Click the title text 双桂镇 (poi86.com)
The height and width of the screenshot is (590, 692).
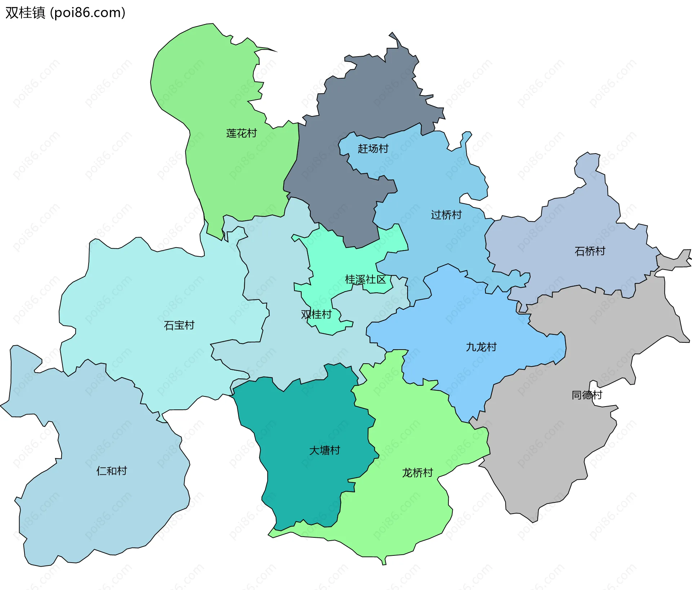pos(65,13)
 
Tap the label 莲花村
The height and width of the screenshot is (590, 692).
pos(241,133)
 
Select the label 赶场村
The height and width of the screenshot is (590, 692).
pos(373,148)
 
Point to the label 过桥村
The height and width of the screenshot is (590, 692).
pos(446,215)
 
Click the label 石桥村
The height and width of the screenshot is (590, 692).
pos(590,251)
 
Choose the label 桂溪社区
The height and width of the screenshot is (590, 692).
pos(365,279)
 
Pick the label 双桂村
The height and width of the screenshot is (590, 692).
pos(316,314)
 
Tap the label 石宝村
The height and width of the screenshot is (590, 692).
pos(179,325)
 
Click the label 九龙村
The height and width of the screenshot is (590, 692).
pos(481,347)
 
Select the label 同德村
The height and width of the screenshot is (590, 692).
pos(587,395)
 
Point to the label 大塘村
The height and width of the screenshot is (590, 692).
pos(324,450)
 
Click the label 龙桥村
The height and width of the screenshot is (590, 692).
pos(417,473)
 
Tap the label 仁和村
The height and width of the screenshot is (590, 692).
pos(111,471)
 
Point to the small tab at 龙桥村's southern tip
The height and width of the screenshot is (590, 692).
pos(384,560)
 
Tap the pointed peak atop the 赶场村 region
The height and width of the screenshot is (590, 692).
pos(393,36)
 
